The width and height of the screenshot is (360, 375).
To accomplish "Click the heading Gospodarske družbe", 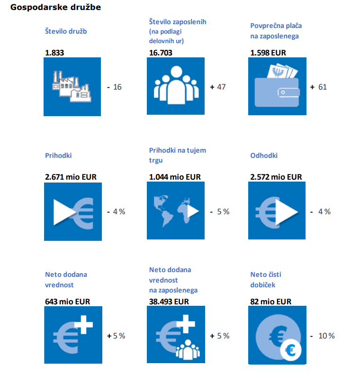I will coord(55,8).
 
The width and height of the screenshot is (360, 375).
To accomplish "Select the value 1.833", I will coord(54,53).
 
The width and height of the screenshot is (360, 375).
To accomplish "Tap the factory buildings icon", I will coord(72,86).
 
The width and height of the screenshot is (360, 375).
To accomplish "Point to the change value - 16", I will coord(114,87).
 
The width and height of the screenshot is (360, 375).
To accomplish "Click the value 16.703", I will coord(161,53).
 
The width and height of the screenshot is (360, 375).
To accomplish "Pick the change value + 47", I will coord(218,87).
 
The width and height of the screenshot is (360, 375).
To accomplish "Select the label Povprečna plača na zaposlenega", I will coord(276,31).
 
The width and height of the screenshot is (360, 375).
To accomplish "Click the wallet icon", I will coord(277,87).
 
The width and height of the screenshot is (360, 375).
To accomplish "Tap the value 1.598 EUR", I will coord(268,53).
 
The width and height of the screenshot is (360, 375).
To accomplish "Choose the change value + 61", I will coord(318,87).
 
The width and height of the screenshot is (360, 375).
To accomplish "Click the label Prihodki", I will coord(58,155).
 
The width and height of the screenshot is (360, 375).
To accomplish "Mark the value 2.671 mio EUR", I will coord(71,177).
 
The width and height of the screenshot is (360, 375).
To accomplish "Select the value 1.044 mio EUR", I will coord(175,177).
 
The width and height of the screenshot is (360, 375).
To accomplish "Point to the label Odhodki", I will coord(264,155).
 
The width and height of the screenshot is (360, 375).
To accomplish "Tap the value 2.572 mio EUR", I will coord(276,177).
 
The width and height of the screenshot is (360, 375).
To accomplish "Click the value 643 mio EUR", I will coord(67,301).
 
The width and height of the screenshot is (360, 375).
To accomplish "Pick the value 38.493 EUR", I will coord(169,301).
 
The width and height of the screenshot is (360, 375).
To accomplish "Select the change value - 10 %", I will coord(323,336).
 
